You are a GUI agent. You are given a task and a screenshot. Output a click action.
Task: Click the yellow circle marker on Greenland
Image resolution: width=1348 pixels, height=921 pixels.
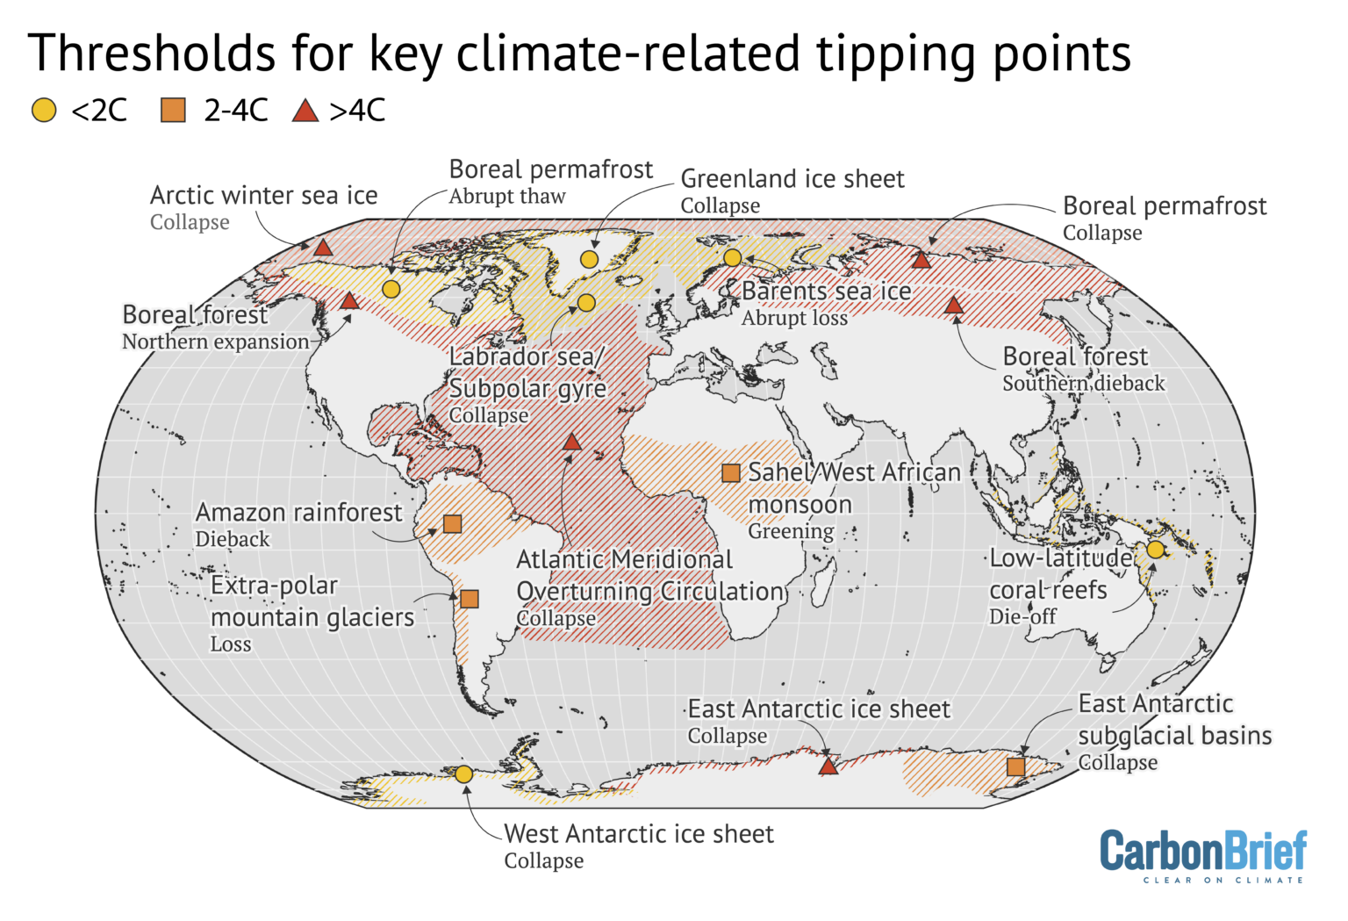589,259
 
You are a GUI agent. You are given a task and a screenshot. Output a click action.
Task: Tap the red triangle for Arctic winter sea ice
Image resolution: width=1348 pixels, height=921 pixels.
323,248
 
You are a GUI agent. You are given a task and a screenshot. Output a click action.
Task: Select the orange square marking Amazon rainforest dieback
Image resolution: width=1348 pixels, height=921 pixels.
452,524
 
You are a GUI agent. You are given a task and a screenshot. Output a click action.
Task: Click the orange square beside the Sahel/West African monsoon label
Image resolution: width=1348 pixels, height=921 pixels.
730,473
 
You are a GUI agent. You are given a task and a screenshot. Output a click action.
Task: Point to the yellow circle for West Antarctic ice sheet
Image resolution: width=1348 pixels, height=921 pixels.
463,773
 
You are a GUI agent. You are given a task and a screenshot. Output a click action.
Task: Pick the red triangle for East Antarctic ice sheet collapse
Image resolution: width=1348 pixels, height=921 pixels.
828,766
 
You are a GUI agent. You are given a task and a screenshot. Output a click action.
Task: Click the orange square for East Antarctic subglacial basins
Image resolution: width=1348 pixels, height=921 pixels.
1015,766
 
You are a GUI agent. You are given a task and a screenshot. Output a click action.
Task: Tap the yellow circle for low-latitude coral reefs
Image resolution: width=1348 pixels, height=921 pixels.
1155,550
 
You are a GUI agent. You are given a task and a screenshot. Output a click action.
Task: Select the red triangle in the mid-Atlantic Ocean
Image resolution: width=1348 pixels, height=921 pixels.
571,442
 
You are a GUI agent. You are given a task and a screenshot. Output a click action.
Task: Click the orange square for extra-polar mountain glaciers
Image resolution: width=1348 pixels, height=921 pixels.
470,599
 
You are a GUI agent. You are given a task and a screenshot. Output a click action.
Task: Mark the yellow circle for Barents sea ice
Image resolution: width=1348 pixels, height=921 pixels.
732,257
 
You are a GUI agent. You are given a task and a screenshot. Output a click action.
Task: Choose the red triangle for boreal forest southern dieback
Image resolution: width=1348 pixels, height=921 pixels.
953,306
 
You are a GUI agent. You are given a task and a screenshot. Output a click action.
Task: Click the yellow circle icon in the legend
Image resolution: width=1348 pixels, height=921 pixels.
44,111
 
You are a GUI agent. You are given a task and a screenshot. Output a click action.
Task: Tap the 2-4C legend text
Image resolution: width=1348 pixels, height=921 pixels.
235,111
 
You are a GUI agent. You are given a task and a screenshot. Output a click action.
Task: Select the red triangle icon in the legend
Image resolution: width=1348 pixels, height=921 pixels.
305,111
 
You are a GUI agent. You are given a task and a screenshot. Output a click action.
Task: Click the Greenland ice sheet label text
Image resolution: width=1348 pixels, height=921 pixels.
792,179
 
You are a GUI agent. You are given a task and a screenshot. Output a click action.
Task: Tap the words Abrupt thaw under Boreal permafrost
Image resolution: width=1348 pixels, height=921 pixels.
506,197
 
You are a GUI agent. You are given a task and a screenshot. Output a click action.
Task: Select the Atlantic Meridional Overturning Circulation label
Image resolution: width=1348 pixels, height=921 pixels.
650,576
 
